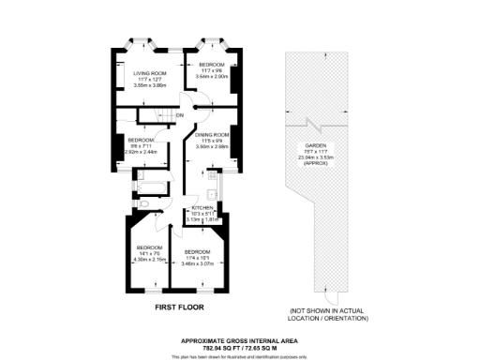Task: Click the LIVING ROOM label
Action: tap(149, 72)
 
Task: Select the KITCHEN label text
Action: tap(203, 207)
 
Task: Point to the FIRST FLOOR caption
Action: tap(178, 307)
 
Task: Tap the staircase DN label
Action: tap(178, 116)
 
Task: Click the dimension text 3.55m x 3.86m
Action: tap(149, 84)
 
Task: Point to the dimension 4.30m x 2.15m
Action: tap(148, 260)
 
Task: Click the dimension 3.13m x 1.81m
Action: tap(203, 220)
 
